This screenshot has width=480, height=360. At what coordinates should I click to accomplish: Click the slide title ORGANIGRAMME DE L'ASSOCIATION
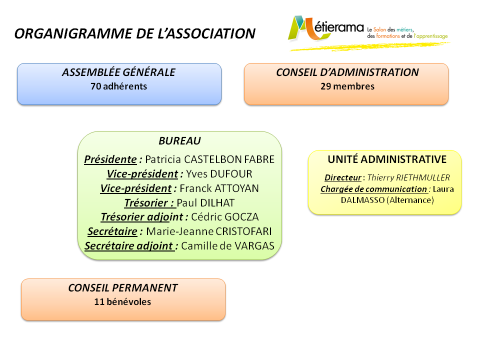[135, 33]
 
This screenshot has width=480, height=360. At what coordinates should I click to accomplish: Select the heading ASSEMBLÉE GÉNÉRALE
[119, 72]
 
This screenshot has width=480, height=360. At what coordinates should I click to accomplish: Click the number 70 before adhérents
[95, 86]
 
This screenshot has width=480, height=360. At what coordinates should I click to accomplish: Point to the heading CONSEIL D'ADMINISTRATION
[347, 72]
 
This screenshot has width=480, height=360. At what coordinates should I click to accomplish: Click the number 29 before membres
[325, 86]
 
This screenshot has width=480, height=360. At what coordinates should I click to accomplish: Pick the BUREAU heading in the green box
[179, 141]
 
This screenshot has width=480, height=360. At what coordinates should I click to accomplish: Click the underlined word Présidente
[110, 159]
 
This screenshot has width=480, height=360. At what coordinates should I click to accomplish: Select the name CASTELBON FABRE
[229, 159]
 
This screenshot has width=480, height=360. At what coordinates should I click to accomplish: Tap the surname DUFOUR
[231, 174]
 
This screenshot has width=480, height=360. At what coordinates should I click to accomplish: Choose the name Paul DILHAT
[205, 202]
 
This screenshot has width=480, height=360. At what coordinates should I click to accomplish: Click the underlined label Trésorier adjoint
[141, 217]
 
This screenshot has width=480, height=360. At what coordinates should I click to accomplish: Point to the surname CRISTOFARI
[243, 231]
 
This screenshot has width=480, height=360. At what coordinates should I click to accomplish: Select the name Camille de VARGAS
[227, 246]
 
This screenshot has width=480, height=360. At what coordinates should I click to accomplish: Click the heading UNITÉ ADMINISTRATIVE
[387, 159]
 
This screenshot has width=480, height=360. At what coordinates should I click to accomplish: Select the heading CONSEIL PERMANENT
[123, 288]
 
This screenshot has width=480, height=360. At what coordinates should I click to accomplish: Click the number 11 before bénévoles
[99, 302]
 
